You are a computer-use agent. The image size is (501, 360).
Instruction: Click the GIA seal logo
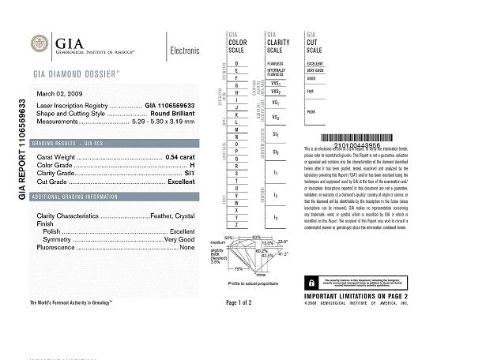(40, 44)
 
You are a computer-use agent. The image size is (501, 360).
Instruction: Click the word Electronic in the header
(185, 51)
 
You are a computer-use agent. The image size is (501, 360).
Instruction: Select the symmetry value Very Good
(179, 239)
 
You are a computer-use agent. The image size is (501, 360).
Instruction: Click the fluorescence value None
(187, 248)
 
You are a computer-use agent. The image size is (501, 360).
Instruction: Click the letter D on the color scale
(236, 62)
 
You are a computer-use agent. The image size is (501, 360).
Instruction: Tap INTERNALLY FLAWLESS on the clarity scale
(275, 73)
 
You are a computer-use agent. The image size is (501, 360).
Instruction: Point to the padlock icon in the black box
(313, 282)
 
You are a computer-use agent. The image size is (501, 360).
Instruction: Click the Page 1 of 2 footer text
(238, 302)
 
